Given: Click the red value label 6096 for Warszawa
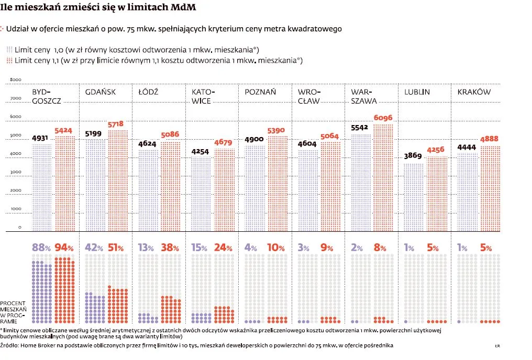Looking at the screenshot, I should click(x=383, y=118).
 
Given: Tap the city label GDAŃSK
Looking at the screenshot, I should click(x=100, y=92).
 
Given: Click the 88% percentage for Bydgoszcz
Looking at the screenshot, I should click(x=41, y=248).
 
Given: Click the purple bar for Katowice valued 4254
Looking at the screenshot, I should click(x=202, y=194).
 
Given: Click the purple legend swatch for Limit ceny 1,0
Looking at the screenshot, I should click(x=9, y=50).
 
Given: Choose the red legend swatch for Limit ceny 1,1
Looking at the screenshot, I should click(x=9, y=61).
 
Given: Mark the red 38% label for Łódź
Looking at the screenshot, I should click(x=171, y=248).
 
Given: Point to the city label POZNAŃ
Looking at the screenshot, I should click(x=260, y=92).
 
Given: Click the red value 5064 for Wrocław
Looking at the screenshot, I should click(x=329, y=136).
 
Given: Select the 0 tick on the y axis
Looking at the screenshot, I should click(x=19, y=227).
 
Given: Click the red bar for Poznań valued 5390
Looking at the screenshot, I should click(x=278, y=184).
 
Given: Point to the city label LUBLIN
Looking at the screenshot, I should click(x=417, y=92).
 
